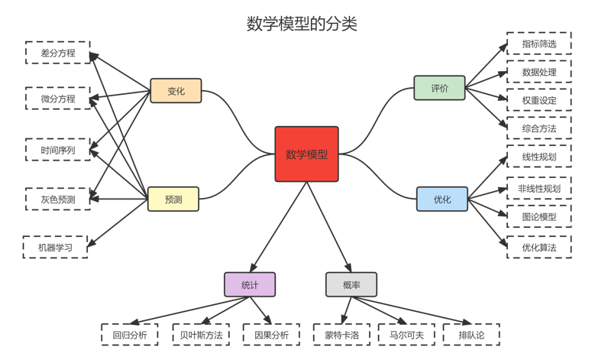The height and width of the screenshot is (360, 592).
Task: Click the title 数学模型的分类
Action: (302, 24)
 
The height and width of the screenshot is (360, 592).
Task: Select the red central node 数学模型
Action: (306, 154)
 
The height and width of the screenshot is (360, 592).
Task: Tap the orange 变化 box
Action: (176, 91)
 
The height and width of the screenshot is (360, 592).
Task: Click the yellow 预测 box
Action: (173, 199)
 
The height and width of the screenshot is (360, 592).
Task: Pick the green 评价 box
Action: (439, 88)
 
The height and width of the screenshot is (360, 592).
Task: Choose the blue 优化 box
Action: (442, 199)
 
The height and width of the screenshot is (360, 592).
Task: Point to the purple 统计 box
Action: (249, 284)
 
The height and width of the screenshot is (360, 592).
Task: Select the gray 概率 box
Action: (351, 284)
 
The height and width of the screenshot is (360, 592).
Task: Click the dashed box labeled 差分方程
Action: (57, 53)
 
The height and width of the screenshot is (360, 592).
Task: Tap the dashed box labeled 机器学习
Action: (55, 247)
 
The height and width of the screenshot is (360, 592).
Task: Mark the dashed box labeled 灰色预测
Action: (57, 199)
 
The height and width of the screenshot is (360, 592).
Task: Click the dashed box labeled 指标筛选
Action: (539, 44)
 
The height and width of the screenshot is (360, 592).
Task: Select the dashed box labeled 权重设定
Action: (539, 100)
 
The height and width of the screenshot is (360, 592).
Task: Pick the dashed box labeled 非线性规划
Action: (539, 188)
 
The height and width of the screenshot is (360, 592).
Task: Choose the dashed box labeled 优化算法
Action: (539, 247)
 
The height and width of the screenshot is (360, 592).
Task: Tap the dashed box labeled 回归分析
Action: (129, 335)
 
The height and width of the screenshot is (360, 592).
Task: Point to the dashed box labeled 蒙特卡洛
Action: (341, 335)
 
